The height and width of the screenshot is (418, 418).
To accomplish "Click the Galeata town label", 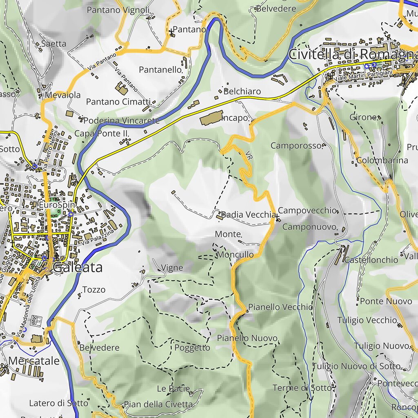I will coord(78,268).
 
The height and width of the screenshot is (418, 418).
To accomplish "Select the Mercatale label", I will coord(34,361).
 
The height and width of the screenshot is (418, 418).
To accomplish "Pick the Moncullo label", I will coord(236,255).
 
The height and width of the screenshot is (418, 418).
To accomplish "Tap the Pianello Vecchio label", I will coord(280,307).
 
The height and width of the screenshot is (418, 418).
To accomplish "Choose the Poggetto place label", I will coord(192,348).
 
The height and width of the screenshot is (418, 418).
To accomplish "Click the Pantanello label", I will coord(160,70).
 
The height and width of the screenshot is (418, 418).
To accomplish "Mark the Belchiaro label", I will coord(242,91).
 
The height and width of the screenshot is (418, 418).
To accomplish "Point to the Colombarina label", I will coord(382,160).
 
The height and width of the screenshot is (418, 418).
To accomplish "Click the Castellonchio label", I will coord(371,260).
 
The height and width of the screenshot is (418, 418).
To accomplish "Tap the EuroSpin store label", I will coord(57,204).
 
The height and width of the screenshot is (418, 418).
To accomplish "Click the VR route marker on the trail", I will coord(249,155).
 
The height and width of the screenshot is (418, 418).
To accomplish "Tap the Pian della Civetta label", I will coord(158,405).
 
